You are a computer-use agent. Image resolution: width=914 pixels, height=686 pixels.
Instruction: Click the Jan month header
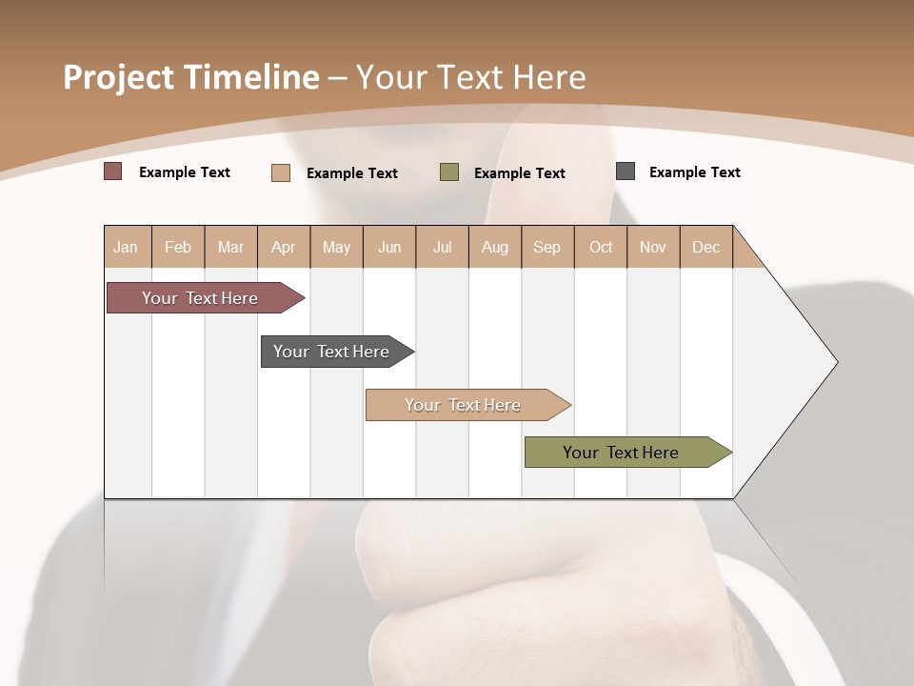coord(127,247)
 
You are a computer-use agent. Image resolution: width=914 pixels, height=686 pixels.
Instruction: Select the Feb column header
coord(178,247)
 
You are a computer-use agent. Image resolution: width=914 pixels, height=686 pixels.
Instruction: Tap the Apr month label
coord(284,247)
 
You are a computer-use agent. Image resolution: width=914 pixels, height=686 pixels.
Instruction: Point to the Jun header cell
coord(389,247)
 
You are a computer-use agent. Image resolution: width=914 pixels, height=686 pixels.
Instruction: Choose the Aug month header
coord(495,247)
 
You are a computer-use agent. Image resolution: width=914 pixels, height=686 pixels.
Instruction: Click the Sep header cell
coord(547,247)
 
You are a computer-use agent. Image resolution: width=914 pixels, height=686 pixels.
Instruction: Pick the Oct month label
coord(601,247)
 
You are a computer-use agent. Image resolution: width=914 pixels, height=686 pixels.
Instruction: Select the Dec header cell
coord(706,247)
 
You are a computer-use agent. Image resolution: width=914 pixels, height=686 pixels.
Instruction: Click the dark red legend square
coord(113,171)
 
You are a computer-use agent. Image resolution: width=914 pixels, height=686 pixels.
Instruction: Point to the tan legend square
coord(281,172)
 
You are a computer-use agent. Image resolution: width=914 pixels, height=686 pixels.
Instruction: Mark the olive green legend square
coord(449,172)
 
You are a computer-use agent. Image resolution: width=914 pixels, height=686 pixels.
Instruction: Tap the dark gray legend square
coord(626,171)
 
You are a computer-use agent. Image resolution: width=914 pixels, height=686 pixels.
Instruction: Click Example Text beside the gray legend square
coord(694,172)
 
